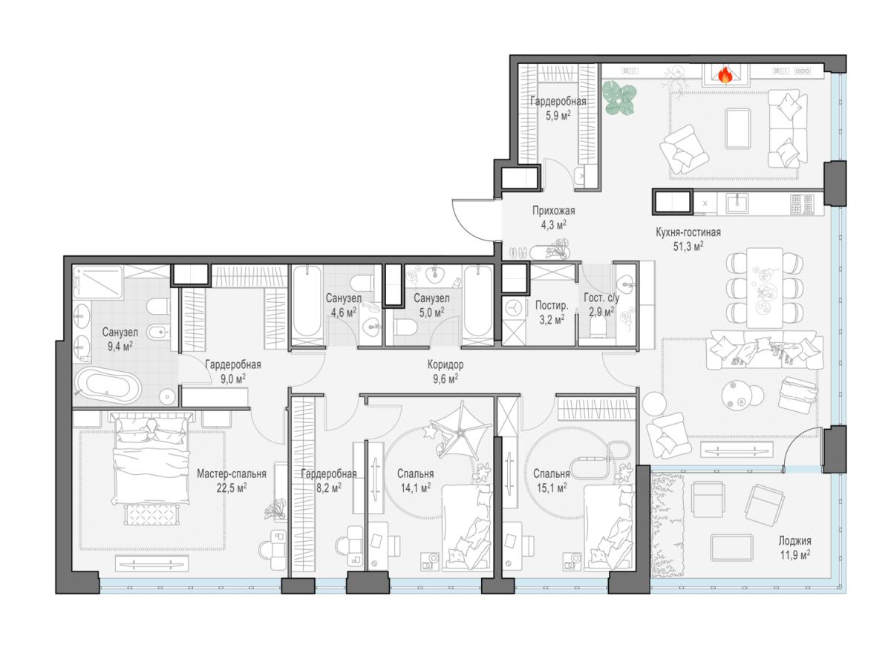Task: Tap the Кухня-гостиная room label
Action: [688, 232]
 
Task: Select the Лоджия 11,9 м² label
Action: [794, 547]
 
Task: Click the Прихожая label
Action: [554, 211]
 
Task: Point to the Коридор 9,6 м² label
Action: [446, 371]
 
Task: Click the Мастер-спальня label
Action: [232, 474]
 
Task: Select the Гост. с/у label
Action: [601, 298]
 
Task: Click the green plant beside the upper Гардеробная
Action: [619, 97]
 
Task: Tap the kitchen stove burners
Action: [802, 205]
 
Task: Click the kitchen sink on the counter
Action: [737, 203]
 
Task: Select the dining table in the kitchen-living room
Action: [765, 287]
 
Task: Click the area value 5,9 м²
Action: [558, 116]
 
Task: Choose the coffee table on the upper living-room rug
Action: [737, 128]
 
